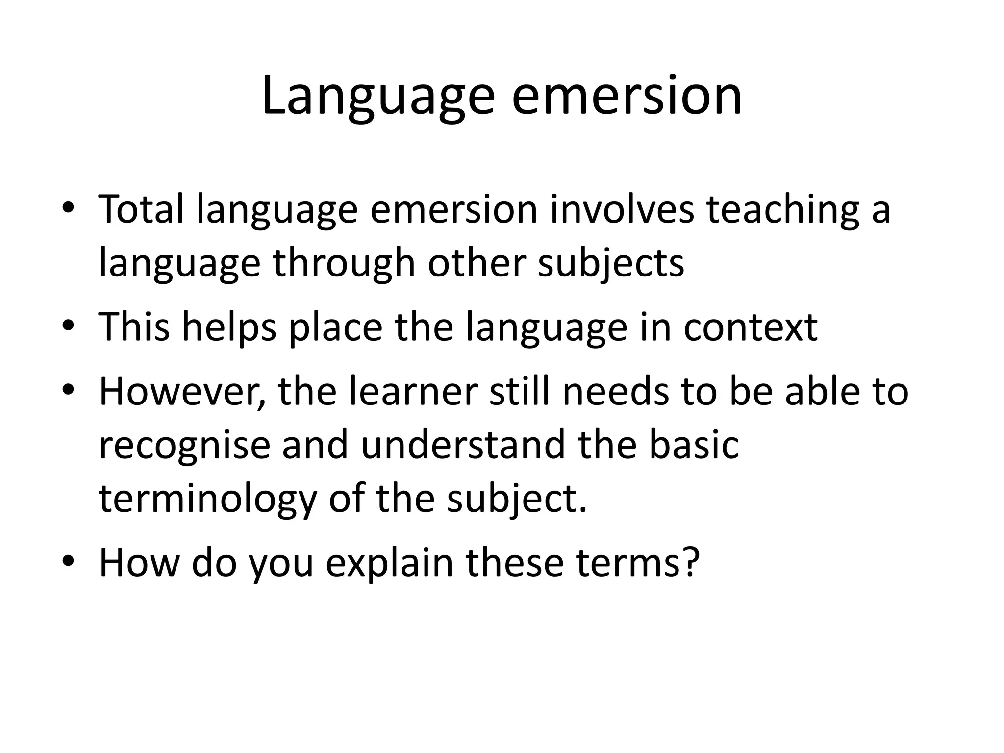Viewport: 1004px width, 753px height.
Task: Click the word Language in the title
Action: pos(378,97)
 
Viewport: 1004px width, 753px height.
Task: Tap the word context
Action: pos(751,327)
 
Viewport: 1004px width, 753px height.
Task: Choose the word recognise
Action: pos(185,445)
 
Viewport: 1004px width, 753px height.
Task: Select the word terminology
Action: pos(208,499)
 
